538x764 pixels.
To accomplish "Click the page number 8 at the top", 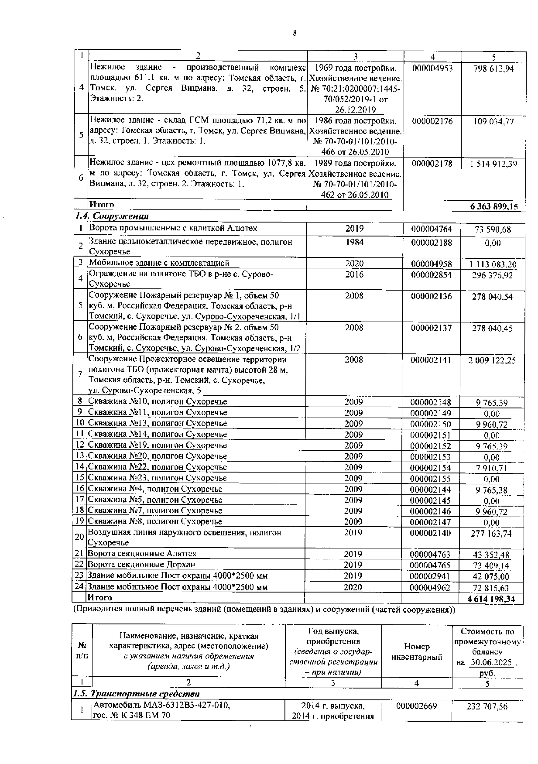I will [295, 33].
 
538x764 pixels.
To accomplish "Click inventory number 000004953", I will [432, 68].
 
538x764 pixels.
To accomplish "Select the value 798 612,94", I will [493, 69].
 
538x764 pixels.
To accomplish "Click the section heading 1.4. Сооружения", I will [112, 216].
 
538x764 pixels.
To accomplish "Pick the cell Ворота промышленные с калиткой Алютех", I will [173, 228].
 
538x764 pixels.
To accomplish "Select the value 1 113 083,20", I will [493, 264].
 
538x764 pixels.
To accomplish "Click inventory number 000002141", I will [431, 360].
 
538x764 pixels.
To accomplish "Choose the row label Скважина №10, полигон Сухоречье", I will [158, 401].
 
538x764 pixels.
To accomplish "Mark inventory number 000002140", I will [431, 533].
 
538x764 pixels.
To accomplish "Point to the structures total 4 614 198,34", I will [491, 599].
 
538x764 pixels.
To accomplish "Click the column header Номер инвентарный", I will [417, 652].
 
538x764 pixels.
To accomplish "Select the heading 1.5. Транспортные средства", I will [136, 694].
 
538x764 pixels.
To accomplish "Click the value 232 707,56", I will [487, 706].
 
